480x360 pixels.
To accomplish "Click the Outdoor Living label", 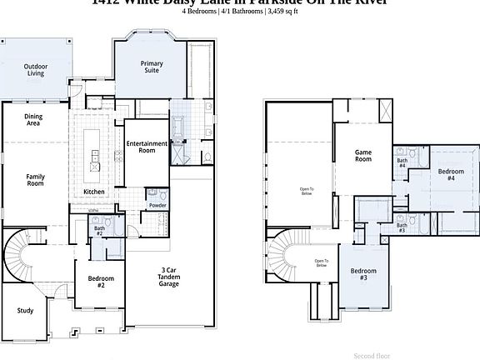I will click(35, 69).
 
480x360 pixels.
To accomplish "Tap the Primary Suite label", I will click(152, 66).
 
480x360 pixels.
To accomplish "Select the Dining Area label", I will click(32, 119).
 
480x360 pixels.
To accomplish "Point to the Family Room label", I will click(35, 180).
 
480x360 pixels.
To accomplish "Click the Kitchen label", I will click(94, 192).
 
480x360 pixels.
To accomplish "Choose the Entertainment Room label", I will click(147, 147).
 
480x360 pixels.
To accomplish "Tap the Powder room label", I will click(157, 205).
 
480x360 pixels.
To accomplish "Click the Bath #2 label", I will click(99, 230).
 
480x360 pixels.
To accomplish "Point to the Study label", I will click(25, 311).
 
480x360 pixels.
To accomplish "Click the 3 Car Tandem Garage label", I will click(169, 277).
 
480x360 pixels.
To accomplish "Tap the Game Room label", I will click(362, 156).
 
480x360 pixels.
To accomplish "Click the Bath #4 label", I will click(402, 162).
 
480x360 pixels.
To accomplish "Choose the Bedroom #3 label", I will click(363, 273).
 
